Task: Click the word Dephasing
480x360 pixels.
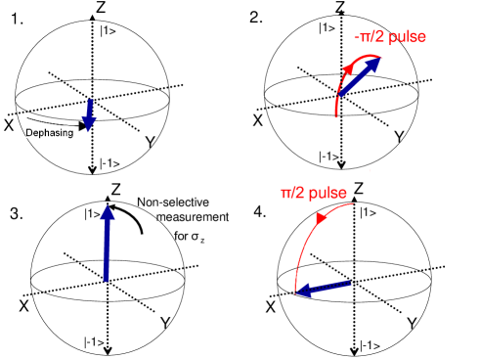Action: pyautogui.click(x=50, y=133)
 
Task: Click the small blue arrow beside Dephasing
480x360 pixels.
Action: pyautogui.click(x=89, y=114)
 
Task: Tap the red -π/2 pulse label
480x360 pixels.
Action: pyautogui.click(x=390, y=37)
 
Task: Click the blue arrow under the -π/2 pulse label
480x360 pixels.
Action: pyautogui.click(x=360, y=76)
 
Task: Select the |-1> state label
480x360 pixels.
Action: pyautogui.click(x=371, y=343)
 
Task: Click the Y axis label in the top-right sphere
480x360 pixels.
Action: pyautogui.click(x=400, y=138)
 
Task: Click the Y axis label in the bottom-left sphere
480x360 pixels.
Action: pyautogui.click(x=165, y=324)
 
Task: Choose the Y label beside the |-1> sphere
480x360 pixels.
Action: pyautogui.click(x=412, y=324)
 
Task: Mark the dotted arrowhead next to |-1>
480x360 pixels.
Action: pyautogui.click(x=354, y=349)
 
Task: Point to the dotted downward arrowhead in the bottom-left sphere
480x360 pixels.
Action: pyautogui.click(x=108, y=349)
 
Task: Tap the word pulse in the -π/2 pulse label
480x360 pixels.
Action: pyautogui.click(x=409, y=37)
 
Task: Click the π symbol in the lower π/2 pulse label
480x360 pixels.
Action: pyautogui.click(x=286, y=194)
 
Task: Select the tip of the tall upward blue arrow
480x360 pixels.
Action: pyautogui.click(x=108, y=209)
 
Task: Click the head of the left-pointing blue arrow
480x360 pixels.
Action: pyautogui.click(x=301, y=292)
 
